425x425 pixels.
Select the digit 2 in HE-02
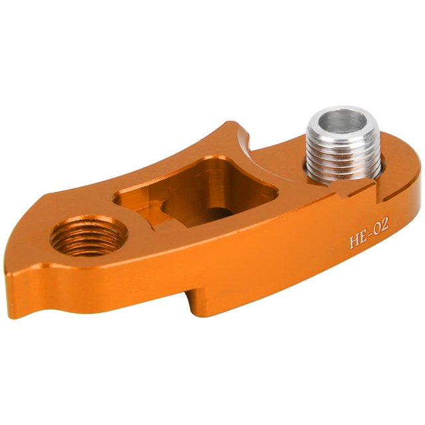pos(385,224)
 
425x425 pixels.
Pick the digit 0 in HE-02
pos(377,228)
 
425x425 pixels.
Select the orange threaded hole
pos(88,235)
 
